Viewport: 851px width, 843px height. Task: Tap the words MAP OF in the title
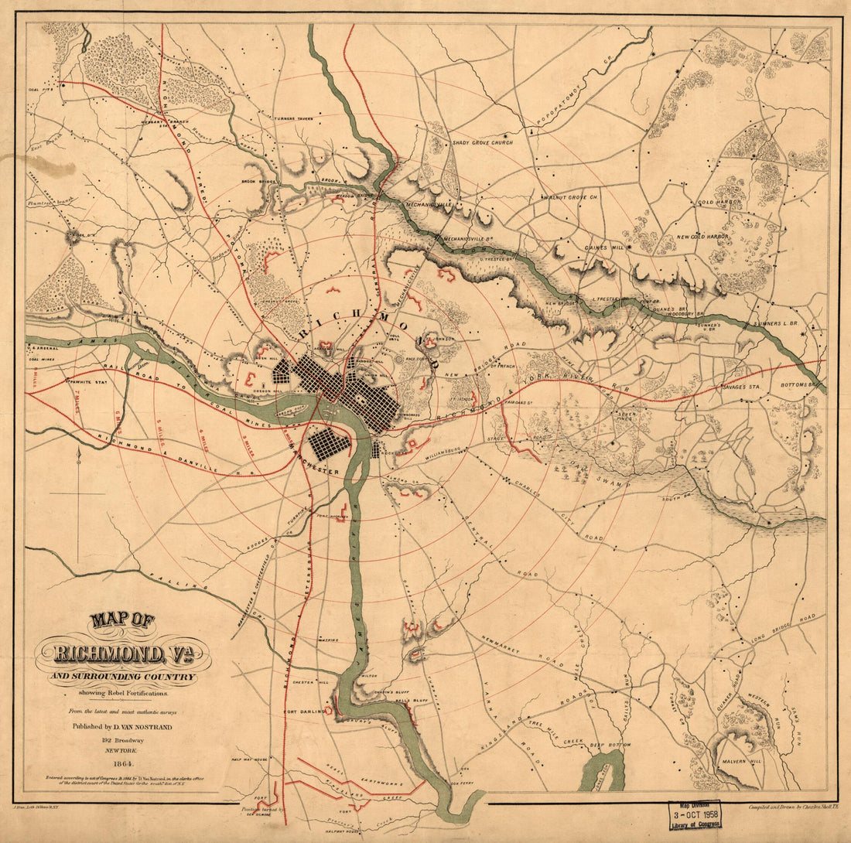tap(121, 620)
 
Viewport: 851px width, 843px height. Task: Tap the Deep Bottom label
tap(607, 746)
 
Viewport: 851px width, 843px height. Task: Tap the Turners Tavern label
tap(290, 119)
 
